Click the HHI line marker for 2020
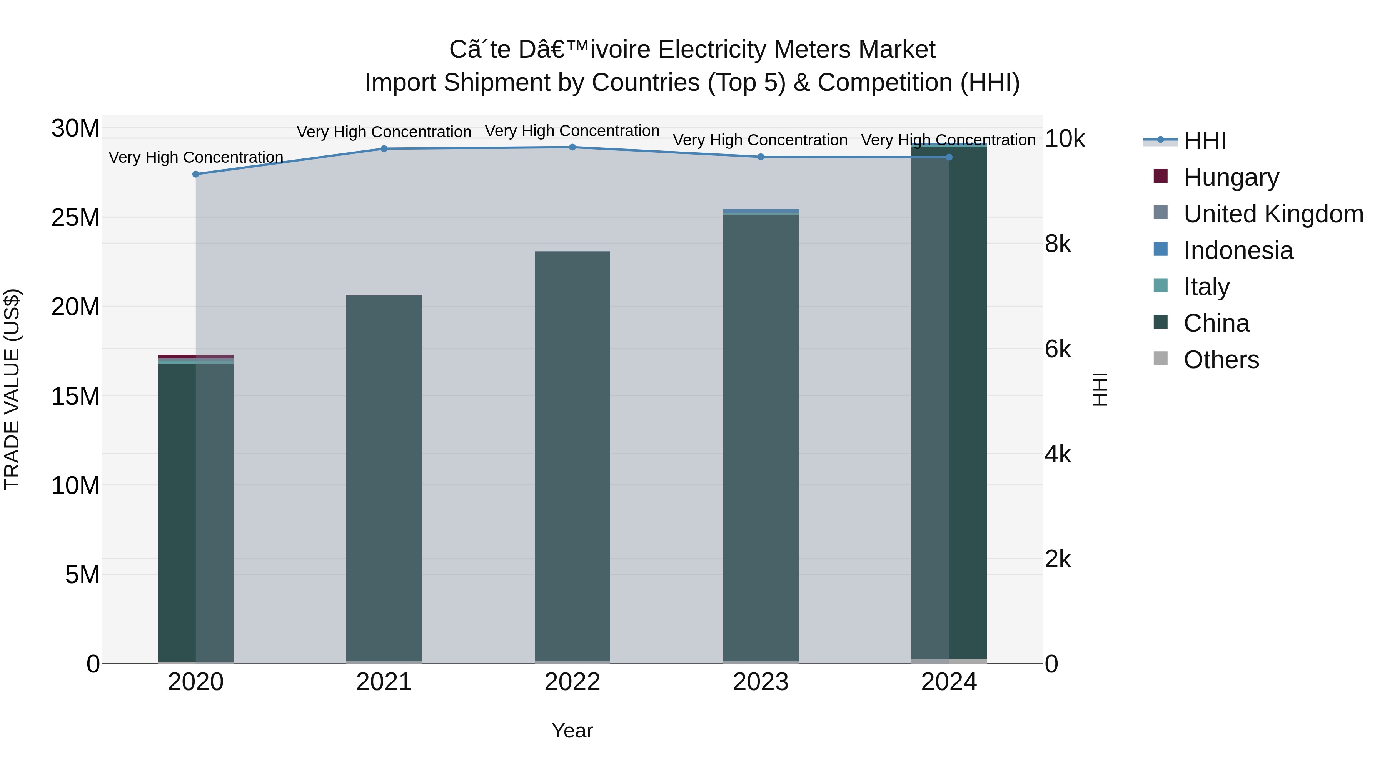[196, 174]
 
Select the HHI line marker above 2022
[572, 147]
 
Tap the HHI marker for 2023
[760, 157]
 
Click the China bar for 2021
[384, 479]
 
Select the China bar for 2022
[572, 457]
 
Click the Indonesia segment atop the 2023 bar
[760, 211]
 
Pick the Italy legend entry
[1206, 287]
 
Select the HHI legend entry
[1204, 141]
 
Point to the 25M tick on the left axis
[75, 218]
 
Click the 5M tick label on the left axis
[82, 575]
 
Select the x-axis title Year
[572, 731]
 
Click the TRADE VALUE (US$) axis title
[12, 389]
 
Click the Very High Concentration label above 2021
[384, 132]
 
